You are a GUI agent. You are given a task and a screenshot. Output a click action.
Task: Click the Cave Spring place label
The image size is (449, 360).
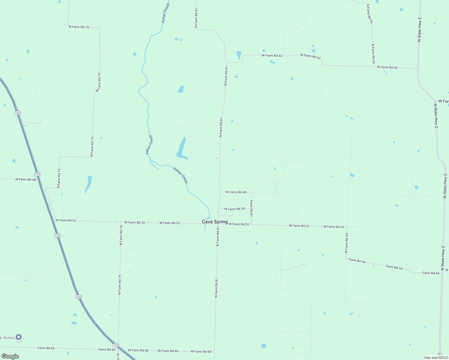tap(215, 222)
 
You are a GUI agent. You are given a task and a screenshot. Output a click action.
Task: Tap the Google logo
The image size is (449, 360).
tap(10, 356)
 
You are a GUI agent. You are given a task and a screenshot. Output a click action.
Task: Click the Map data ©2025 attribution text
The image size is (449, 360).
tap(436, 358)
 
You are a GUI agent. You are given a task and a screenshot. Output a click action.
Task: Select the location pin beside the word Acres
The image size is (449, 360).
tap(19, 337)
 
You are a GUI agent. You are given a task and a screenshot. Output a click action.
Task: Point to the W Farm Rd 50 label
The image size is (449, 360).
tap(234, 209)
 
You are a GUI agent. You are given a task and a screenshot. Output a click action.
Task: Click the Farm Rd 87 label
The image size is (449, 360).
tap(252, 208)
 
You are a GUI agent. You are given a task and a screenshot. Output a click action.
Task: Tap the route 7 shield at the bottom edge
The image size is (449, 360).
tap(440, 355)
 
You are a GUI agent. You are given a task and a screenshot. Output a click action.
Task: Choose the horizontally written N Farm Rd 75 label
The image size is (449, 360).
tap(79, 27)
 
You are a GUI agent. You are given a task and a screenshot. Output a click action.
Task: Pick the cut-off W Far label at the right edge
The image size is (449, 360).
tap(443, 101)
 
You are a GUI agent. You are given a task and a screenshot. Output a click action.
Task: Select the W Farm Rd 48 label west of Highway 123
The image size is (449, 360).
tap(26, 179)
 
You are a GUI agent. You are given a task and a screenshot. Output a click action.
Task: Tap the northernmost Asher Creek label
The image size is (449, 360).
tap(166, 13)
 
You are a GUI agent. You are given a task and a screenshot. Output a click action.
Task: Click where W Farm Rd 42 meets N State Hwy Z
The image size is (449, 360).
tap(417, 69)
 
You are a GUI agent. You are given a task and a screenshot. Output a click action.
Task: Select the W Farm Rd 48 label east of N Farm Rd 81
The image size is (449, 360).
tap(236, 192)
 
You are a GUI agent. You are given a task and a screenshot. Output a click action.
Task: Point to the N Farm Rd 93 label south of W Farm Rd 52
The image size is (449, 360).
tap(347, 243)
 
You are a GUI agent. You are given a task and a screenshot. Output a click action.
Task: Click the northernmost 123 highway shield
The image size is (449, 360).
tap(17, 113)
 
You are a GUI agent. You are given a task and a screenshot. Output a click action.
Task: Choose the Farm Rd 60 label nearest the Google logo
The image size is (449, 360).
tap(46, 348)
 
